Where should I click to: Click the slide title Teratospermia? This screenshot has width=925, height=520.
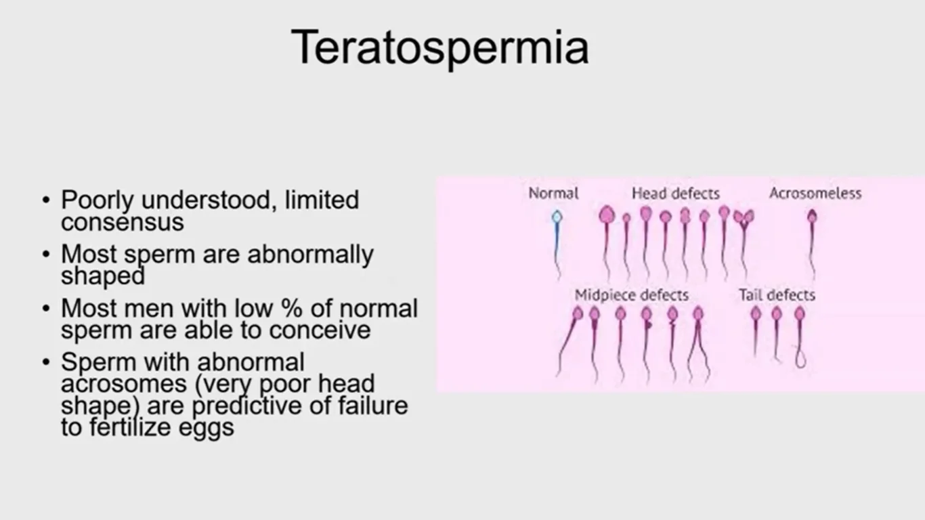[439, 47]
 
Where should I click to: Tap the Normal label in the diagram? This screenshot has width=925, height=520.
[553, 193]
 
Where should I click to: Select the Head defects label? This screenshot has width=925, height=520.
[676, 193]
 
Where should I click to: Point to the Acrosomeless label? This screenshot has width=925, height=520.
[815, 193]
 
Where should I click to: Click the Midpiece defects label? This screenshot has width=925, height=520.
[631, 295]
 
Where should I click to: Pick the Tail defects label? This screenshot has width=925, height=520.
[777, 295]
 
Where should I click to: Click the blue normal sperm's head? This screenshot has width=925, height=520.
[557, 217]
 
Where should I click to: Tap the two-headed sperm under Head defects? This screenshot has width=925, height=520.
[744, 217]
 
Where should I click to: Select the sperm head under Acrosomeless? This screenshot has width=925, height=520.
[813, 215]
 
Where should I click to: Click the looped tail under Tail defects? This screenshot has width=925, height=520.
[800, 358]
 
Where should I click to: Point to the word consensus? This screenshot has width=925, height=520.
[123, 223]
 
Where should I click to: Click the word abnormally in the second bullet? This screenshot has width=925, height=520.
[311, 254]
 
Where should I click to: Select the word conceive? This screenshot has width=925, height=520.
[320, 330]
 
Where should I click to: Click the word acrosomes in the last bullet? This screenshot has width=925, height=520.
[124, 384]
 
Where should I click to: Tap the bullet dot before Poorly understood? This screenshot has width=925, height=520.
[46, 200]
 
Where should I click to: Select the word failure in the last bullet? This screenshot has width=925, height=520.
[373, 405]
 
